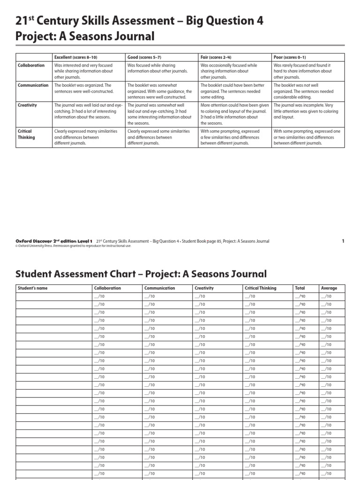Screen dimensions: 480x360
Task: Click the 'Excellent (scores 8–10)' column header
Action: pyautogui.click(x=75, y=57)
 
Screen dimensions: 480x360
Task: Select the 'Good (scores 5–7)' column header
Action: pyautogui.click(x=144, y=57)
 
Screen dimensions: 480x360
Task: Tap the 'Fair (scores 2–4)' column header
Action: pyautogui.click(x=216, y=57)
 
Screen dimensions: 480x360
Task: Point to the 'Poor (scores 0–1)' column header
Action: pyautogui.click(x=290, y=57)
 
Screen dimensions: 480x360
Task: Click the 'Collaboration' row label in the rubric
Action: pyautogui.click(x=31, y=66)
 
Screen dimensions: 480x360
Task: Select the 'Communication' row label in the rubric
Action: pyautogui.click(x=33, y=85)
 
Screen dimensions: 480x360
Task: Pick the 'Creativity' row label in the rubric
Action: pyautogui.click(x=28, y=105)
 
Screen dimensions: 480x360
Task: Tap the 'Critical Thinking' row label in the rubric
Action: pyautogui.click(x=26, y=135)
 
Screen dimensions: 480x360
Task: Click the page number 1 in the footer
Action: pyautogui.click(x=343, y=241)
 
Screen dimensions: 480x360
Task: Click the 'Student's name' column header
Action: pyautogui.click(x=32, y=288)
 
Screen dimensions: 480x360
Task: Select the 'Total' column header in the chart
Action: pyautogui.click(x=300, y=288)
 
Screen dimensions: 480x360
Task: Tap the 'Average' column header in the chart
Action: pyautogui.click(x=329, y=288)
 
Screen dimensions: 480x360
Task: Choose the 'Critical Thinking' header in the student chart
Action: pyautogui.click(x=261, y=288)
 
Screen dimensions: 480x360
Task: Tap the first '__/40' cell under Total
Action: pyautogui.click(x=300, y=296)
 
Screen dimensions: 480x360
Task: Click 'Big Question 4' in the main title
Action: pyautogui.click(x=218, y=21)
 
